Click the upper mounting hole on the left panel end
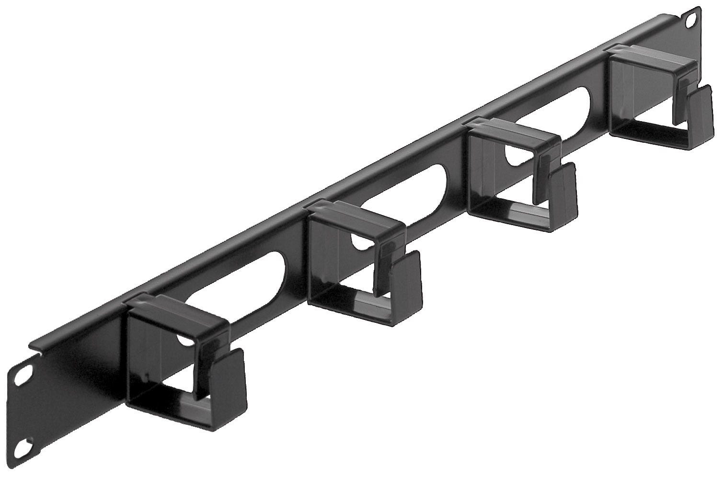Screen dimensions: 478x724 tap(21, 376)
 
